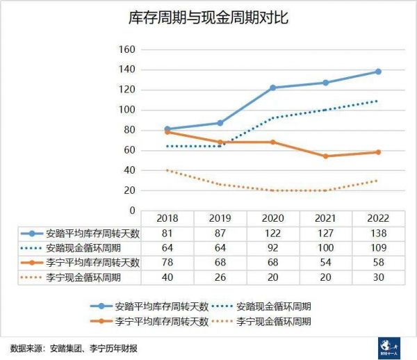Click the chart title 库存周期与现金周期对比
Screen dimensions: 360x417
(208, 18)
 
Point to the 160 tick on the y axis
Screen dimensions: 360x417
(126, 49)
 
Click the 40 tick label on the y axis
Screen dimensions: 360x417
(129, 170)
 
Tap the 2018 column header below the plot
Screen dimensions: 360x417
(168, 218)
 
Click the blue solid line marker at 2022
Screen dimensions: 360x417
(378, 72)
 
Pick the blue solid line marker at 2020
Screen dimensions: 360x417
(272, 88)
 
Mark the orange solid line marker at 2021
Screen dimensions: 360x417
(325, 156)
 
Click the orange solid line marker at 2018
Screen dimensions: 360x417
(168, 132)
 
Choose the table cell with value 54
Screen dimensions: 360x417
(325, 262)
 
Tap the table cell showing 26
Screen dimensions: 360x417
(220, 277)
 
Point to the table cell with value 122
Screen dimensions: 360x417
(272, 234)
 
